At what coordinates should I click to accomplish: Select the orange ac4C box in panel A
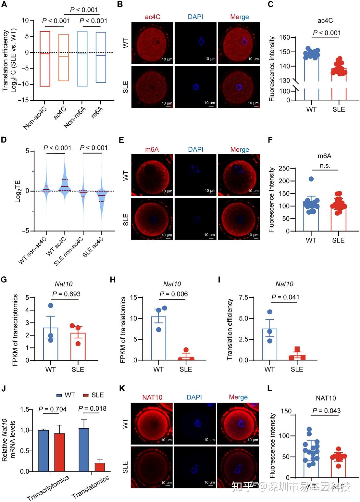[x=64, y=57]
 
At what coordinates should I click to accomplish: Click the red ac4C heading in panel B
[x=153, y=17]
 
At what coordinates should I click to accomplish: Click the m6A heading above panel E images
[x=152, y=149]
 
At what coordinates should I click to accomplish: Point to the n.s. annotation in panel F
[x=325, y=166]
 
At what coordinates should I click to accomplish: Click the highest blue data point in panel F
[x=311, y=179]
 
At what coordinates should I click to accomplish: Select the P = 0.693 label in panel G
[x=66, y=294]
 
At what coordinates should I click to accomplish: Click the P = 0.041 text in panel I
[x=285, y=297]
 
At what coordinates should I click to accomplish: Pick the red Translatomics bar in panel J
[x=100, y=467]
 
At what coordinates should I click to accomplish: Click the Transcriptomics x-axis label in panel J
[x=48, y=488]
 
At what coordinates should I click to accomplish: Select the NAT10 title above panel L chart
[x=326, y=398]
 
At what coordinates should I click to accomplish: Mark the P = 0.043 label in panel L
[x=326, y=411]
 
